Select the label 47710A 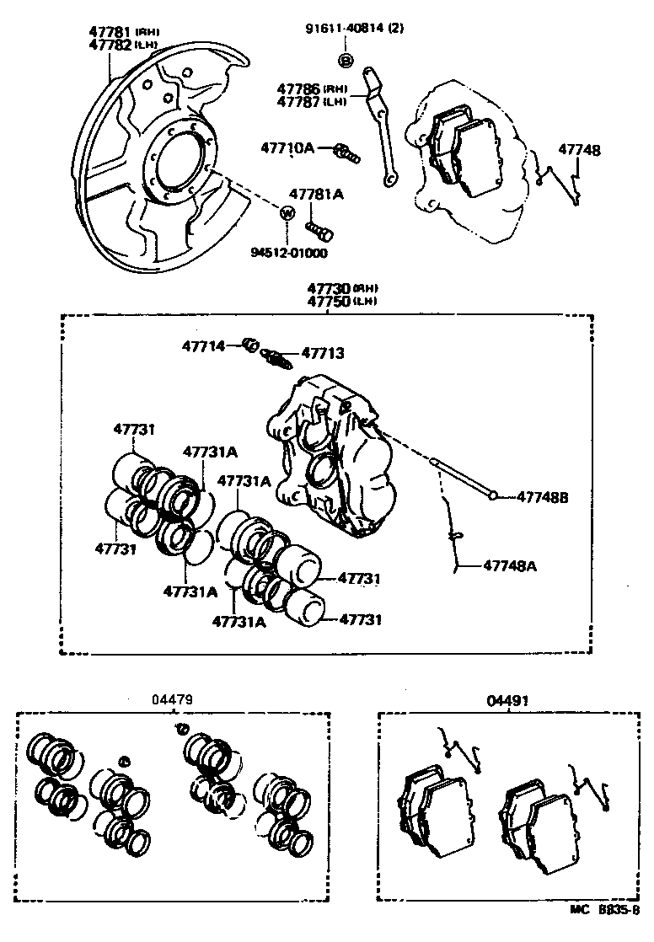click(x=287, y=148)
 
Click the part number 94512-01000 click(x=288, y=252)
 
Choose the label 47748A click(x=510, y=566)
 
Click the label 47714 click(x=204, y=345)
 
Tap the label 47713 click(x=323, y=354)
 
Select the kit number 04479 click(x=173, y=698)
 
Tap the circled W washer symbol click(x=287, y=212)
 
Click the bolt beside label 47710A click(x=346, y=153)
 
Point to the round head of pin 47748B click(x=492, y=497)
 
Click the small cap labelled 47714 click(x=249, y=344)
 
